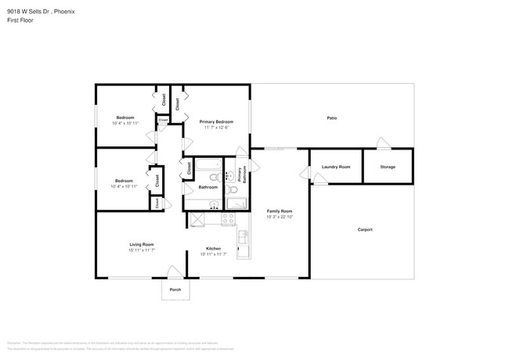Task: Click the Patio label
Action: click(331, 117)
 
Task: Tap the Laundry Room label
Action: click(336, 167)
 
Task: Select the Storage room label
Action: click(388, 167)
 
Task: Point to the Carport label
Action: click(365, 229)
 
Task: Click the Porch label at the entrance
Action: click(175, 290)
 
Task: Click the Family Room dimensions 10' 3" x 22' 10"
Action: click(280, 217)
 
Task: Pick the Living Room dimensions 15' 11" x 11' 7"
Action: click(142, 250)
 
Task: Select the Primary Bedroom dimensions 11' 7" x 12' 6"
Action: click(216, 128)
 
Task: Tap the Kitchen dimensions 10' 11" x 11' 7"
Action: click(214, 254)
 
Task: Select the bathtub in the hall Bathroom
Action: click(208, 167)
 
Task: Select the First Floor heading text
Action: click(20, 20)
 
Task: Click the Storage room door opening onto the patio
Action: click(381, 143)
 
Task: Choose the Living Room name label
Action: click(142, 244)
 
